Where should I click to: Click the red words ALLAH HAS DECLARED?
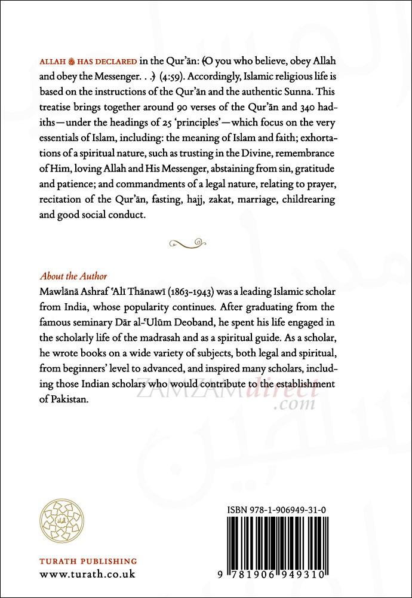point(86,95)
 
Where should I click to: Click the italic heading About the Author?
point(73,276)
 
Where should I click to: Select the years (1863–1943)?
point(217,292)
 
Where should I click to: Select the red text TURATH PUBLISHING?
point(88,562)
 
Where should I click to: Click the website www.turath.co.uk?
point(87,575)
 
